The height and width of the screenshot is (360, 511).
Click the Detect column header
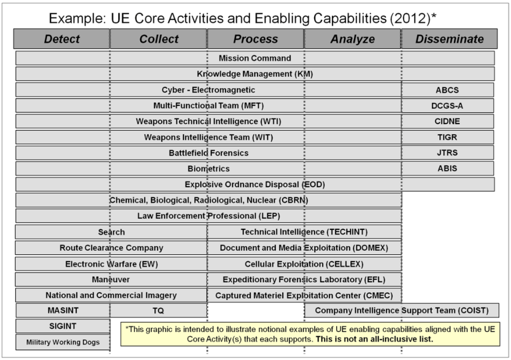62,39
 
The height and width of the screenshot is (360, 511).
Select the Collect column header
159,39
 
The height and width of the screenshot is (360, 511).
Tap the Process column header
255,39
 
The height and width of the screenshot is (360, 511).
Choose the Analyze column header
352,39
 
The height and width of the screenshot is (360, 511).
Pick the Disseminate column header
449,39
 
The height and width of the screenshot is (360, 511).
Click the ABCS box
447,90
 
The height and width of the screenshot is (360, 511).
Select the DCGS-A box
447,106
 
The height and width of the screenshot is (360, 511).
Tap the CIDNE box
447,121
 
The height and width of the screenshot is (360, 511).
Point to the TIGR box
447,137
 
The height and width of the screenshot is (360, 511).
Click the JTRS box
447,153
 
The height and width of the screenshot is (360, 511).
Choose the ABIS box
447,168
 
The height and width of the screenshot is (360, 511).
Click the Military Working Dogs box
63,342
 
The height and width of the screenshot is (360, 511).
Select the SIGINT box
63,326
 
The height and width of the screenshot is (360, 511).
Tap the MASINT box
63,310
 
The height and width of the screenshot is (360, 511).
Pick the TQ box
158,310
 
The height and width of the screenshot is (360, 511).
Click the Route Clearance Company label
111,248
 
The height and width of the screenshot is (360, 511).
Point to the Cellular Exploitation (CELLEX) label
304,264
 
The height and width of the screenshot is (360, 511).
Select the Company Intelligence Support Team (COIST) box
401,310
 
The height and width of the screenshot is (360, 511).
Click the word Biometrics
208,169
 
